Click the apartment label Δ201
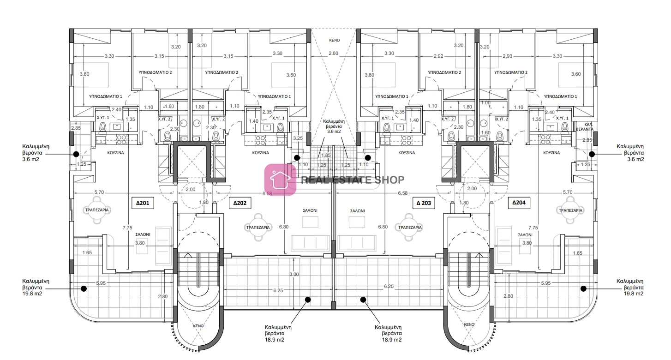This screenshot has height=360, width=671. pyautogui.click(x=143, y=203)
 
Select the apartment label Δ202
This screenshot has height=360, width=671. pyautogui.click(x=240, y=203)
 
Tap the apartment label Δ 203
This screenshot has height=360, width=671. pyautogui.click(x=424, y=203)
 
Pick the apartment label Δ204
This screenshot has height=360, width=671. pyautogui.click(x=519, y=203)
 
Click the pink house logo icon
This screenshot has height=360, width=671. pyautogui.click(x=280, y=180)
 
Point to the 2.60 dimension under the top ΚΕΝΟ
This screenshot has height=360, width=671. pyautogui.click(x=333, y=54)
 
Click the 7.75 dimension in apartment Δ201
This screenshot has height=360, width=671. pyautogui.click(x=127, y=228)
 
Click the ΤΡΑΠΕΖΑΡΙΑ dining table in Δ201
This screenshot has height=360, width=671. pyautogui.click(x=97, y=210)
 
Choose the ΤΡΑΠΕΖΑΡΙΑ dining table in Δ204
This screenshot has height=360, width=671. pyautogui.click(x=570, y=210)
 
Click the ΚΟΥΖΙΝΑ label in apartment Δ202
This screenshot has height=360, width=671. pyautogui.click(x=261, y=153)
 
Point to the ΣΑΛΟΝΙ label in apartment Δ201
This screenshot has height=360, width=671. pyautogui.click(x=143, y=234)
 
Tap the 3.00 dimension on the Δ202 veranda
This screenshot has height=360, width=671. pyautogui.click(x=294, y=274)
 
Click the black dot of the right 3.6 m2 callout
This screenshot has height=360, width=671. pyautogui.click(x=592, y=154)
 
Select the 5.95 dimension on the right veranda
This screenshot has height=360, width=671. pyautogui.click(x=546, y=283)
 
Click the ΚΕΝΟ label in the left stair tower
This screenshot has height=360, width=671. pyautogui.click(x=198, y=326)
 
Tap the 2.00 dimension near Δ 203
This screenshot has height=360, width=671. pyautogui.click(x=472, y=189)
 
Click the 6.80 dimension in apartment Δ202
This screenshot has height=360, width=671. pyautogui.click(x=284, y=227)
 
